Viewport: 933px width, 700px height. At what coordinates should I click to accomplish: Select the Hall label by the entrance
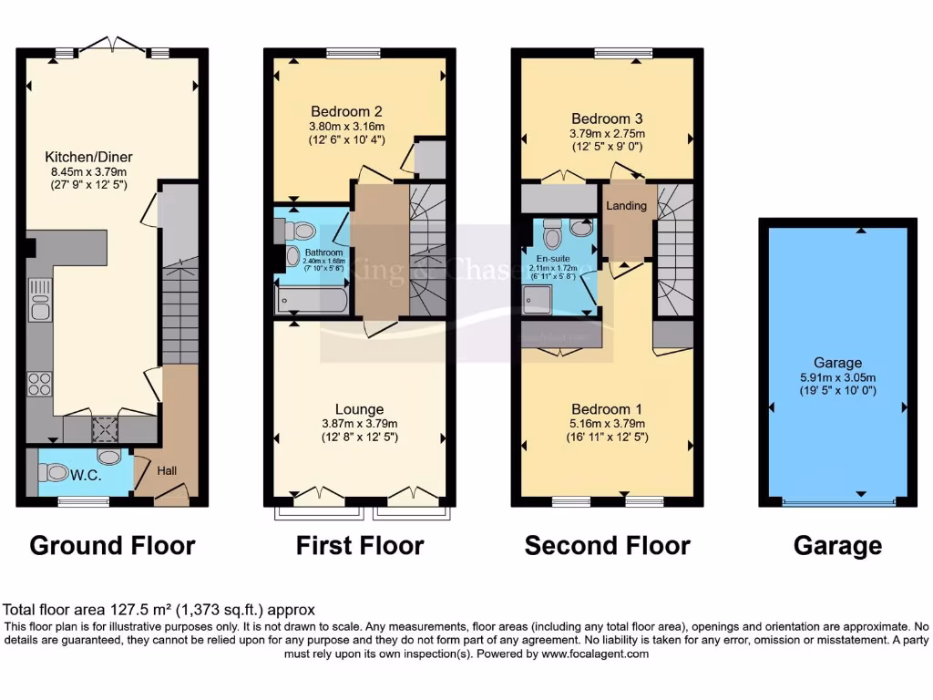pos(167,471)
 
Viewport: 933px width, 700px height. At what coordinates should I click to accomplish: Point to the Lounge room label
pos(359,409)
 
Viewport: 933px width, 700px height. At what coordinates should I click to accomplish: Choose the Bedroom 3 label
pos(607,118)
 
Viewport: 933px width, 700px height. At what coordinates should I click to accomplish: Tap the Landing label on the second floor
pos(627,206)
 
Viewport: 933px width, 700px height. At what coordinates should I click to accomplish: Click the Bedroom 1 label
pos(607,409)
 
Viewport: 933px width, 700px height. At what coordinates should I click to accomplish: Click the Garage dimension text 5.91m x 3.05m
pos(837,378)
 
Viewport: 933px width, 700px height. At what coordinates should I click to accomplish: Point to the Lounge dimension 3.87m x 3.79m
pos(359,424)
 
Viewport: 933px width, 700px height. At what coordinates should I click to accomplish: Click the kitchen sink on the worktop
pos(39,301)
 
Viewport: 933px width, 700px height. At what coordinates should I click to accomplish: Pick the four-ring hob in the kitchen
pos(39,384)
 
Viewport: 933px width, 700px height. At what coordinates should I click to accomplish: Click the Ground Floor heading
pos(112,546)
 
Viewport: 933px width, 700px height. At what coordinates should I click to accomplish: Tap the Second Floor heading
pos(607,546)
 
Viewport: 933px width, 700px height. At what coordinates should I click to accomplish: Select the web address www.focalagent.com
pos(595,654)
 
